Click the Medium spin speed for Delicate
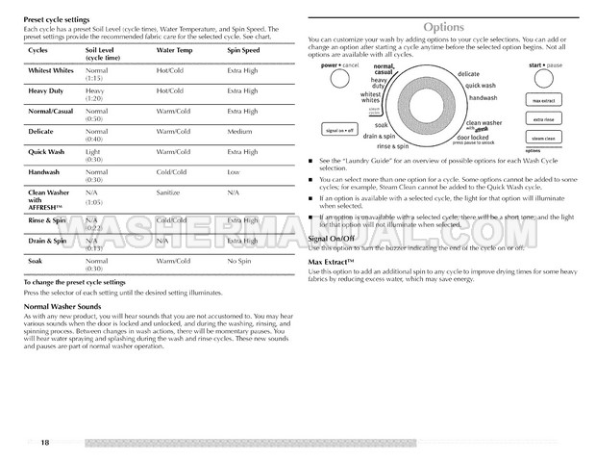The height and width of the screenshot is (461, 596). [x=240, y=131]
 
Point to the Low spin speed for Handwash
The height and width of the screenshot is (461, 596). [x=234, y=172]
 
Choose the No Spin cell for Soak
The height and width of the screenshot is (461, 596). [x=239, y=261]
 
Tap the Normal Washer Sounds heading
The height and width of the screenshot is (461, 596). [x=64, y=306]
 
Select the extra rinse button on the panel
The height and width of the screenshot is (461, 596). [x=544, y=119]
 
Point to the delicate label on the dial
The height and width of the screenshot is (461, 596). [x=468, y=74]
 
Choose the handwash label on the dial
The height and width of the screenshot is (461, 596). [x=483, y=99]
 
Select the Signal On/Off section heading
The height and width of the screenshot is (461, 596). [x=334, y=238]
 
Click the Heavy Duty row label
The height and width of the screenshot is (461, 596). [x=45, y=91]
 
